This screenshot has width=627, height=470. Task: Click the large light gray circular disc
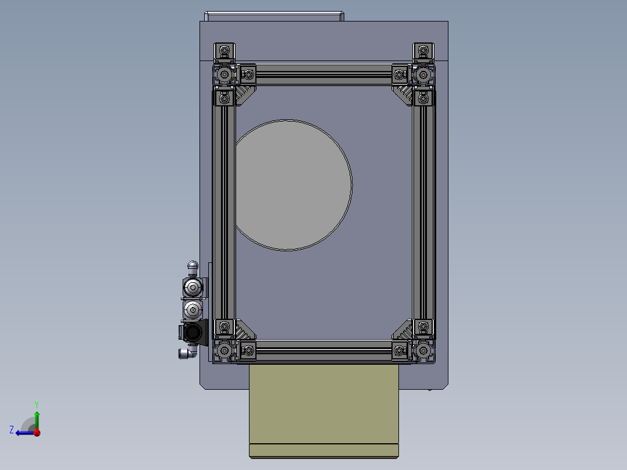click(293, 185)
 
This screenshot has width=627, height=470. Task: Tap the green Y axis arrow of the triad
click(36, 415)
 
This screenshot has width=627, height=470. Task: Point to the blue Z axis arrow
click(22, 432)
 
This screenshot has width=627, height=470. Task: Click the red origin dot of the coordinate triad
click(37, 432)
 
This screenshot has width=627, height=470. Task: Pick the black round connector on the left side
click(193, 333)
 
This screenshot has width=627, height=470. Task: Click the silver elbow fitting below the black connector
click(186, 352)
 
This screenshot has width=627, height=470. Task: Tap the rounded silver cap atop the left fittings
click(193, 268)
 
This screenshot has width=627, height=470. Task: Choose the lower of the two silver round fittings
click(192, 309)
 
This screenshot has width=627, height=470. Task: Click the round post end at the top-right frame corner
click(423, 75)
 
